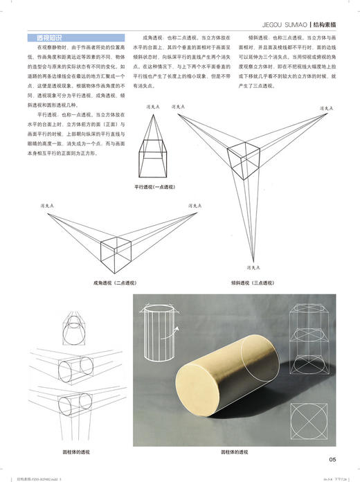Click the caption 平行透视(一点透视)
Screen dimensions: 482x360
pos(156,187)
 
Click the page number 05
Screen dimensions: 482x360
pos(332,458)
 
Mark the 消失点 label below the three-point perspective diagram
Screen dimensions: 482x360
pos(252,265)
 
